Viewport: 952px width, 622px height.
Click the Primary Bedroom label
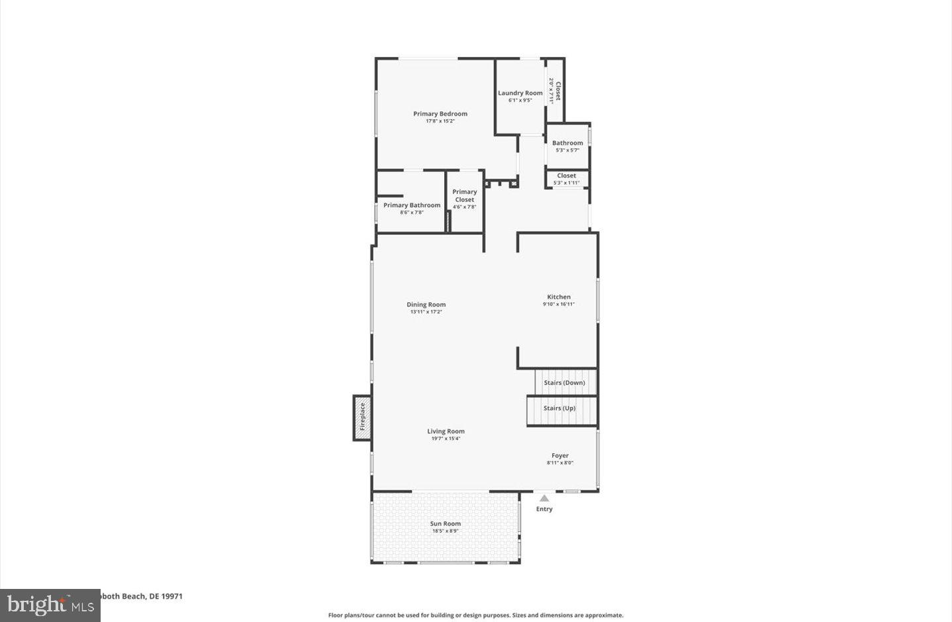click(x=440, y=114)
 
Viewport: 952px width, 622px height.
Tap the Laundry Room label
click(x=520, y=93)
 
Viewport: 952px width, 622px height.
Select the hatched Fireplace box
click(x=361, y=417)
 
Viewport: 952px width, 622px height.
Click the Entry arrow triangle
click(x=544, y=498)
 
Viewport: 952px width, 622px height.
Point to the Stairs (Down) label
click(x=564, y=382)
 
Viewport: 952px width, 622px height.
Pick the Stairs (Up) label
click(x=559, y=408)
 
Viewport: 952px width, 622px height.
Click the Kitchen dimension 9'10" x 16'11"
click(x=559, y=304)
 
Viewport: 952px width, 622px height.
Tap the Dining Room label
click(x=426, y=304)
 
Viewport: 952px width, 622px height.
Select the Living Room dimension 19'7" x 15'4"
click(x=446, y=439)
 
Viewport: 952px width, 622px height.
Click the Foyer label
click(x=560, y=455)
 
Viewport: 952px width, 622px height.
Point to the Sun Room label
click(x=446, y=523)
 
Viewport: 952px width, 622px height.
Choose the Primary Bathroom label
click(x=411, y=205)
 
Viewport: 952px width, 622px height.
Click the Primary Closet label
click(x=464, y=195)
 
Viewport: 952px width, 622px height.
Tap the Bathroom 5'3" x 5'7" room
click(x=567, y=146)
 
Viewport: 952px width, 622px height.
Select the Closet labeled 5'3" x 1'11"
click(x=566, y=179)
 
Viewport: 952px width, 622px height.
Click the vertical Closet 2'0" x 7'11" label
click(x=555, y=91)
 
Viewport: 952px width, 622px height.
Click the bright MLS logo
click(x=50, y=605)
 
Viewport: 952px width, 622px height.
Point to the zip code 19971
click(x=172, y=596)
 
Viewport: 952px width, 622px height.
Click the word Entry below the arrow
click(x=544, y=509)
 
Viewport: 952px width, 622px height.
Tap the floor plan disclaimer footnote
click(x=475, y=615)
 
